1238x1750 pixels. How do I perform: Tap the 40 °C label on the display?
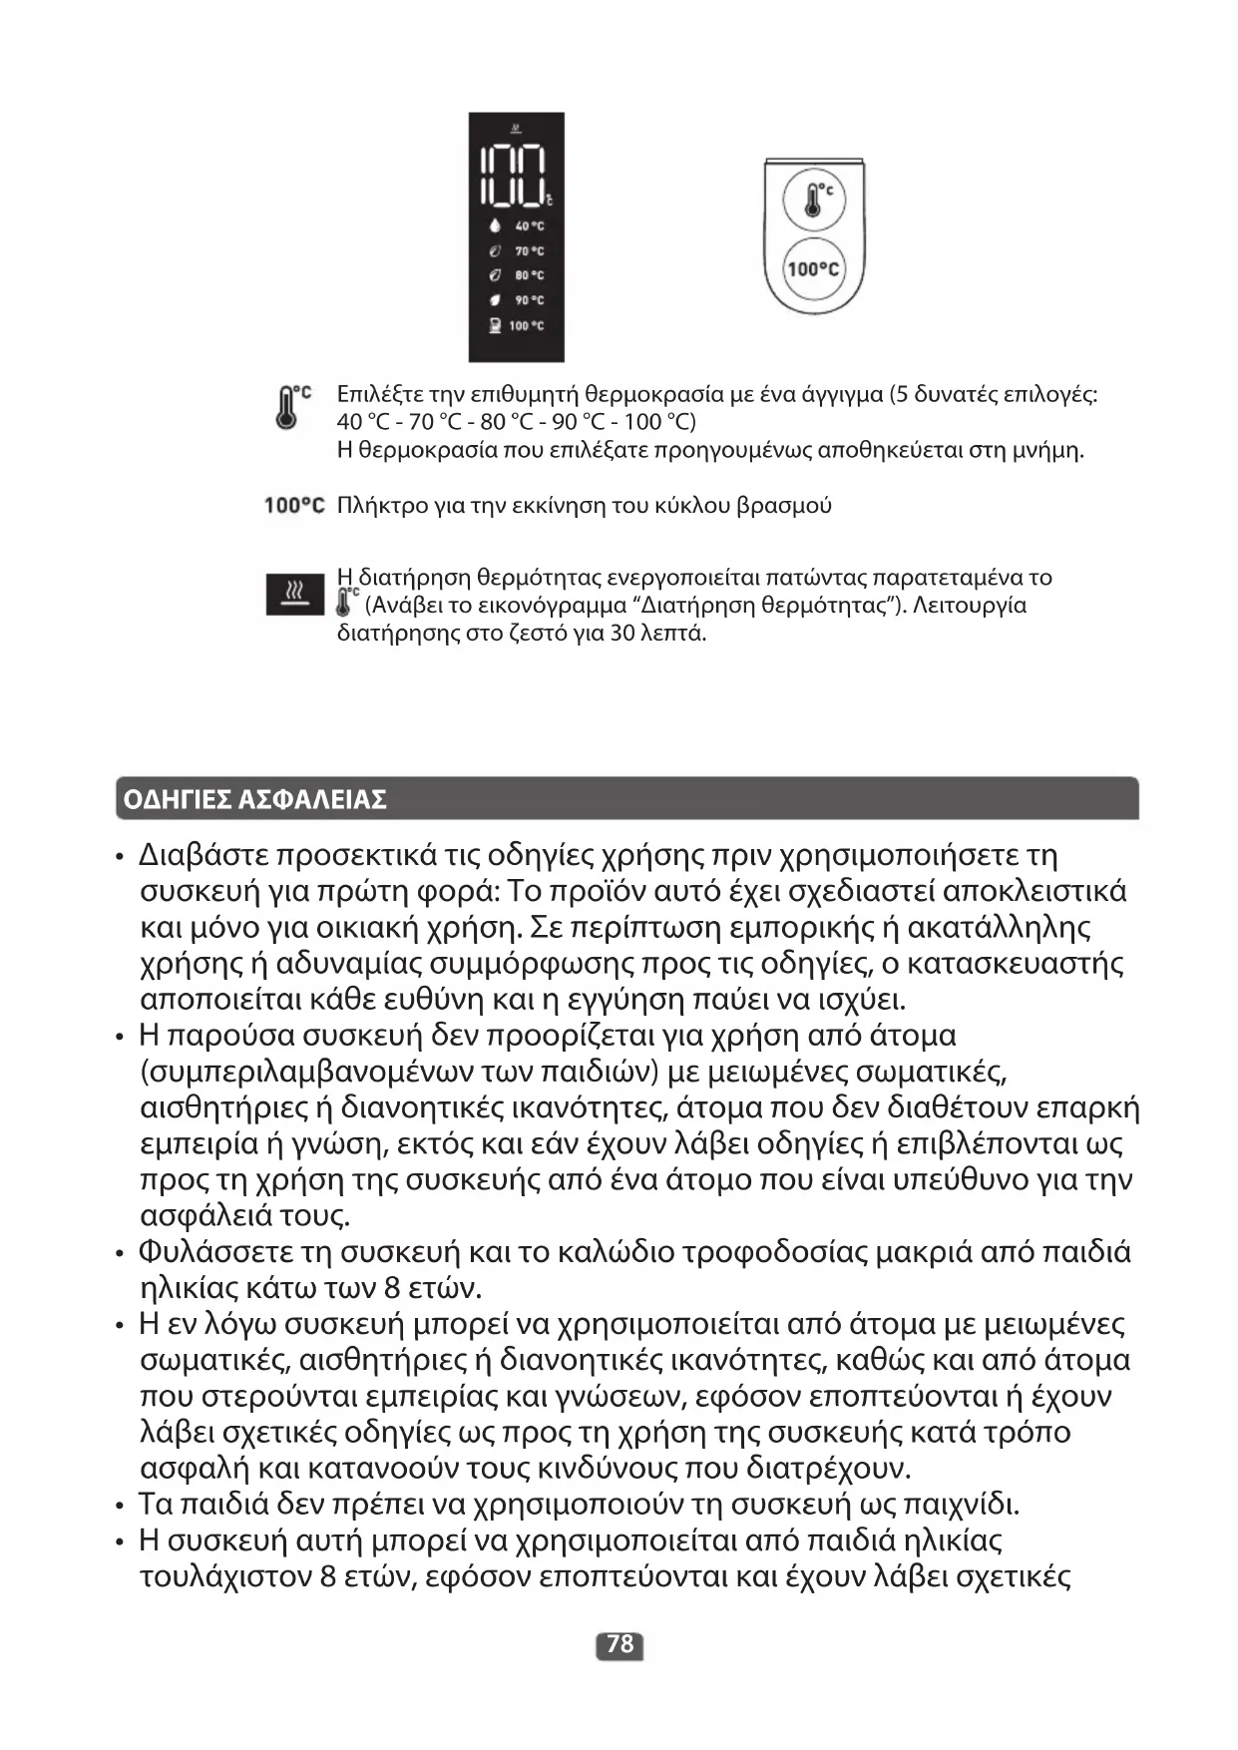click(529, 226)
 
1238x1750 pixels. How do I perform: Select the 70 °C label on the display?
click(529, 251)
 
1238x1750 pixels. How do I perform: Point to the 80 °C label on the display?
click(529, 275)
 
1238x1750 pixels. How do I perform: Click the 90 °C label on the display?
click(529, 300)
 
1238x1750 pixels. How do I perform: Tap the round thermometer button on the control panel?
click(813, 199)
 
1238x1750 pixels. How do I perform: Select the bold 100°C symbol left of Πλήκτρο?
click(294, 506)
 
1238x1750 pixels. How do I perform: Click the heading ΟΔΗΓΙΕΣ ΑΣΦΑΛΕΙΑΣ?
click(254, 800)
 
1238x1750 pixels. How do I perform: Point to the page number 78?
click(619, 1644)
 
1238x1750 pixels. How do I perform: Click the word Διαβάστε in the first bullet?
click(204, 856)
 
